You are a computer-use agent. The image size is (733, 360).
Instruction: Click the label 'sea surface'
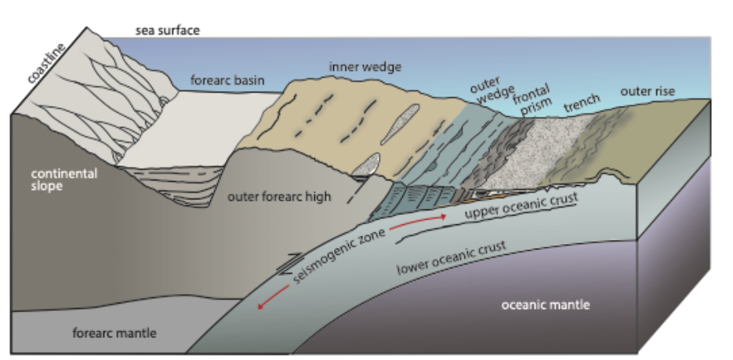coord(168,31)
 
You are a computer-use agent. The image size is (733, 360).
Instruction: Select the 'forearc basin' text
coord(228,79)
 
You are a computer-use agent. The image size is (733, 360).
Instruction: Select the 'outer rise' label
coord(648,91)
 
